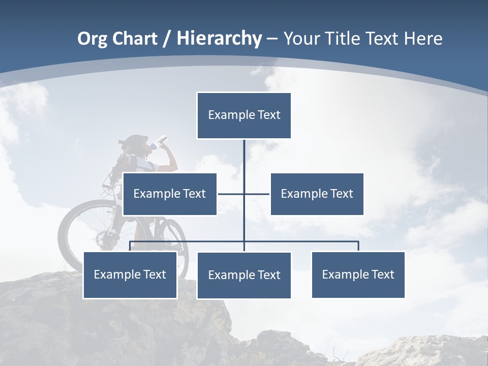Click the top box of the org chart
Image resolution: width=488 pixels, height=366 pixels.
(244, 115)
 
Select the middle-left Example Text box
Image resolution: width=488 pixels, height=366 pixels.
(170, 194)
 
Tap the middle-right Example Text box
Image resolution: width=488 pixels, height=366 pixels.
(317, 194)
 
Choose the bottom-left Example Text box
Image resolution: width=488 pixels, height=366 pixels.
(130, 274)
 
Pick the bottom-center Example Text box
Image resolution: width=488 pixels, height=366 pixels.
(244, 275)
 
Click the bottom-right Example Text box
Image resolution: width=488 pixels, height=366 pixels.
(358, 274)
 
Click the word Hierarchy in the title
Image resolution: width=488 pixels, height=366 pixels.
(219, 39)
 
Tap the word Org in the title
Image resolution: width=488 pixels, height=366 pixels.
(92, 39)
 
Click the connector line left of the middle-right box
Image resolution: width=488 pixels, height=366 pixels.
(257, 194)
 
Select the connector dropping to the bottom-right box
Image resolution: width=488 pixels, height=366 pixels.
(358, 246)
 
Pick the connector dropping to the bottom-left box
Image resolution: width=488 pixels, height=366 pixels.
(130, 246)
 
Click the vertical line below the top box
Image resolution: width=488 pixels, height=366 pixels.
(244, 158)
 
